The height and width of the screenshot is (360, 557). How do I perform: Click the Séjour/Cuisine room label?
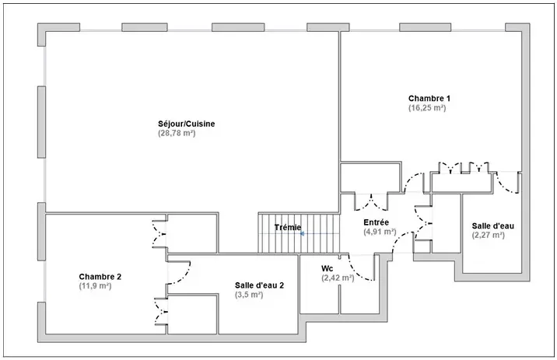(187, 124)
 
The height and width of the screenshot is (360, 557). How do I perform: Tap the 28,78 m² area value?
(177, 134)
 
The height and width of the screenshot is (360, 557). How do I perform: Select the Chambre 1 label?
(429, 98)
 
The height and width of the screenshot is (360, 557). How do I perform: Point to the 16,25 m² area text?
(427, 108)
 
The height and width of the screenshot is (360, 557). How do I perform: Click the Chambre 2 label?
(100, 277)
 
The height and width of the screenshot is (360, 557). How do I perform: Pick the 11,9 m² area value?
(95, 286)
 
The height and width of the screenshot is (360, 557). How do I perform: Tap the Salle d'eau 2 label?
(259, 285)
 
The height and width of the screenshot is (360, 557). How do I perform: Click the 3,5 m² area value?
(249, 295)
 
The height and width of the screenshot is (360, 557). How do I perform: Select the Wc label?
(328, 268)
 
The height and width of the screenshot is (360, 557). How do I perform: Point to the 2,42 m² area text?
(338, 278)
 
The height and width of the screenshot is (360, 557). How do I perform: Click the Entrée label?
(377, 222)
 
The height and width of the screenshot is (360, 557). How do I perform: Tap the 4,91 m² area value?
(380, 232)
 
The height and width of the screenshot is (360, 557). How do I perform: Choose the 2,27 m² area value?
(488, 235)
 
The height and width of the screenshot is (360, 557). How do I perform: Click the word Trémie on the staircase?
(288, 227)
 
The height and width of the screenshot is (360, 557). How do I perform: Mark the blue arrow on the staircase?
(302, 233)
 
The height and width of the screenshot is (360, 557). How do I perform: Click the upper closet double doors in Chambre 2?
(159, 233)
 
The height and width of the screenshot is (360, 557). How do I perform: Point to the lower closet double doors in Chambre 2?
(161, 312)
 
